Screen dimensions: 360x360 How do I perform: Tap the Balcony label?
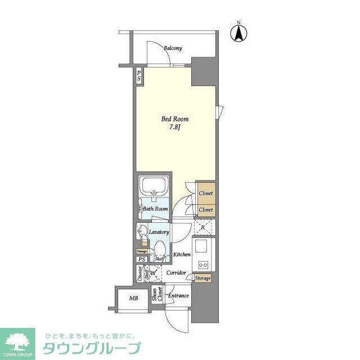click(173, 48)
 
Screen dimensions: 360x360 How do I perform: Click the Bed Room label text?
click(175, 119)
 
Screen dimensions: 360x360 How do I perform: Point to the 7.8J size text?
click(175, 128)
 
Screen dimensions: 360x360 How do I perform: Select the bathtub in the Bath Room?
click(154, 187)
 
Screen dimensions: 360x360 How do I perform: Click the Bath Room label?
click(155, 209)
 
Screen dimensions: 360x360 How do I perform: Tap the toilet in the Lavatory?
click(160, 248)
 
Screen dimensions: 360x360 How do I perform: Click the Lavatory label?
click(159, 232)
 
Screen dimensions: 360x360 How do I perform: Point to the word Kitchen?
click(182, 255)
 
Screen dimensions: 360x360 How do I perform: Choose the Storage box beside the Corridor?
click(202, 278)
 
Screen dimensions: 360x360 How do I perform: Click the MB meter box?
click(134, 298)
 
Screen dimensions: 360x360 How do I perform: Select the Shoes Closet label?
click(156, 296)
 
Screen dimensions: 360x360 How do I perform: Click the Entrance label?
click(178, 295)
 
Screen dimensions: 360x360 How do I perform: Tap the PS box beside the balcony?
click(139, 75)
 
